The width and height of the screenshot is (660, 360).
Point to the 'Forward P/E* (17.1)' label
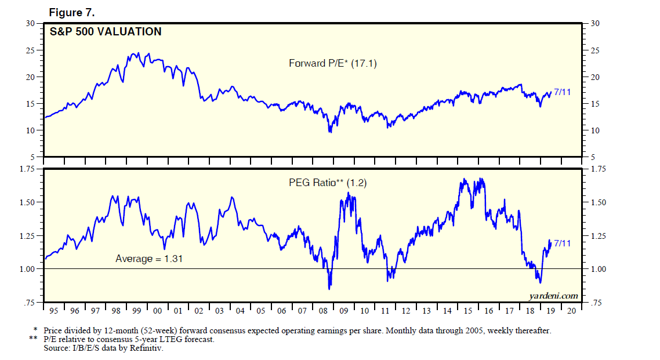pyautogui.click(x=333, y=64)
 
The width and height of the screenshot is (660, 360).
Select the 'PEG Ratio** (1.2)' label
pyautogui.click(x=328, y=183)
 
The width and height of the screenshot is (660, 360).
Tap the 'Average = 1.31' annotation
pyautogui.click(x=149, y=259)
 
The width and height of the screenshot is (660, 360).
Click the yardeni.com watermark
pyautogui.click(x=553, y=296)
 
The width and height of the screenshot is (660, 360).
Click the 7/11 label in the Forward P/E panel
pyautogui.click(x=563, y=92)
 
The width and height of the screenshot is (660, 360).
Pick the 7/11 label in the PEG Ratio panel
pyautogui.click(x=563, y=243)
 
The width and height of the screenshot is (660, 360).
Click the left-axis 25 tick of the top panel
pyautogui.click(x=30, y=50)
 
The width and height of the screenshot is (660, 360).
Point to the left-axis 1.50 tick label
pyautogui.click(x=27, y=202)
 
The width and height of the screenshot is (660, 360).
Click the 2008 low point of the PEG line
pyautogui.click(x=329, y=288)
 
